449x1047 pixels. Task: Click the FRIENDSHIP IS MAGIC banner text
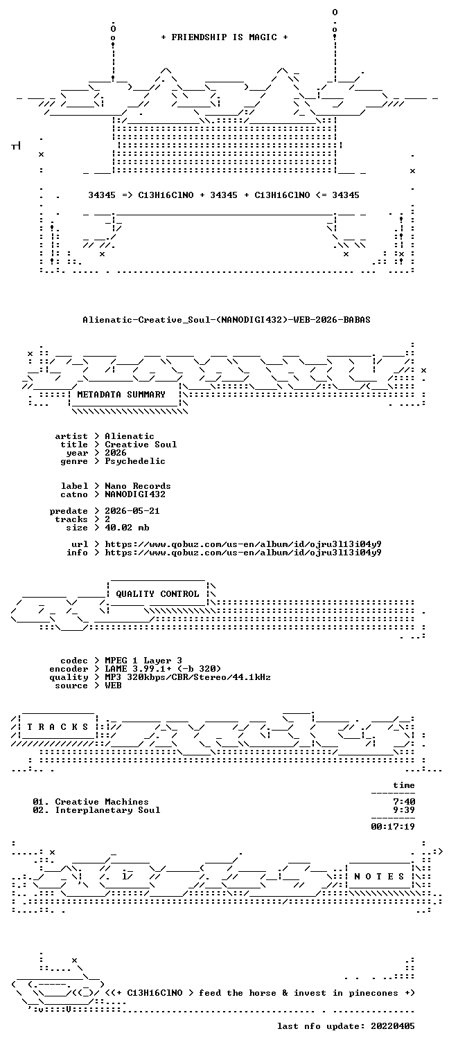pos(224,37)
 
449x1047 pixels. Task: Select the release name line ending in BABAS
pos(227,320)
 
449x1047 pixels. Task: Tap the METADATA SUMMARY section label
pos(121,395)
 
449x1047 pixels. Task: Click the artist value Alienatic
pos(130,436)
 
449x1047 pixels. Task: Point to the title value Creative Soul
pos(141,445)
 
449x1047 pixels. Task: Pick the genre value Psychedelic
pos(135,461)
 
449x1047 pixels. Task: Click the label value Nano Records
pos(138,486)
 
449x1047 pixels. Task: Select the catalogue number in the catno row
pos(135,494)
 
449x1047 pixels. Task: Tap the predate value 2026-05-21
pos(132,511)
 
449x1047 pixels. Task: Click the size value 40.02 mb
pos(127,528)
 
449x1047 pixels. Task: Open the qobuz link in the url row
pos(243,544)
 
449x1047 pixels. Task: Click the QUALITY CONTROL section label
pos(157,594)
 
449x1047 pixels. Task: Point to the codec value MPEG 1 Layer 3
pos(143,661)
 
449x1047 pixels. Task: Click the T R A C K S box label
pos(58,727)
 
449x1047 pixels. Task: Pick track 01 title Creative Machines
pos(101,802)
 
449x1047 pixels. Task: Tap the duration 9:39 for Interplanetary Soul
pos(404,810)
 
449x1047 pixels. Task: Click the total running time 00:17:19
pos(393,827)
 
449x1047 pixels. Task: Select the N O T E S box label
pos(379,877)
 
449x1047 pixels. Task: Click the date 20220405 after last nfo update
pos(393,1026)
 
